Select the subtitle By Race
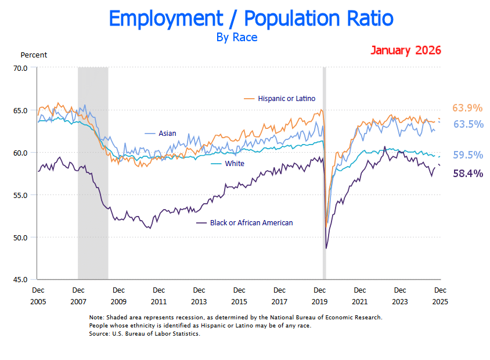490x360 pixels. (x=236, y=38)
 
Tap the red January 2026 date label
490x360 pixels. (x=405, y=50)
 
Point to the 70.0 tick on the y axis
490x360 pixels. (x=20, y=68)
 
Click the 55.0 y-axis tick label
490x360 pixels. (x=20, y=195)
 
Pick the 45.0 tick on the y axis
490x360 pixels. (x=20, y=279)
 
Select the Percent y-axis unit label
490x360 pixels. (x=34, y=55)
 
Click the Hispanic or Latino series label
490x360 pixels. (x=287, y=99)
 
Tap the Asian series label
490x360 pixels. (x=168, y=134)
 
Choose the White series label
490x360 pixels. (x=235, y=164)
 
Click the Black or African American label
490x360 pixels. (x=251, y=223)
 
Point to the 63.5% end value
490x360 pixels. (x=468, y=124)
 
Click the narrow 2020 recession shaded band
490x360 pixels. (x=324, y=174)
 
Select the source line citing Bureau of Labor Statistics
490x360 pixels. (x=145, y=334)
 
